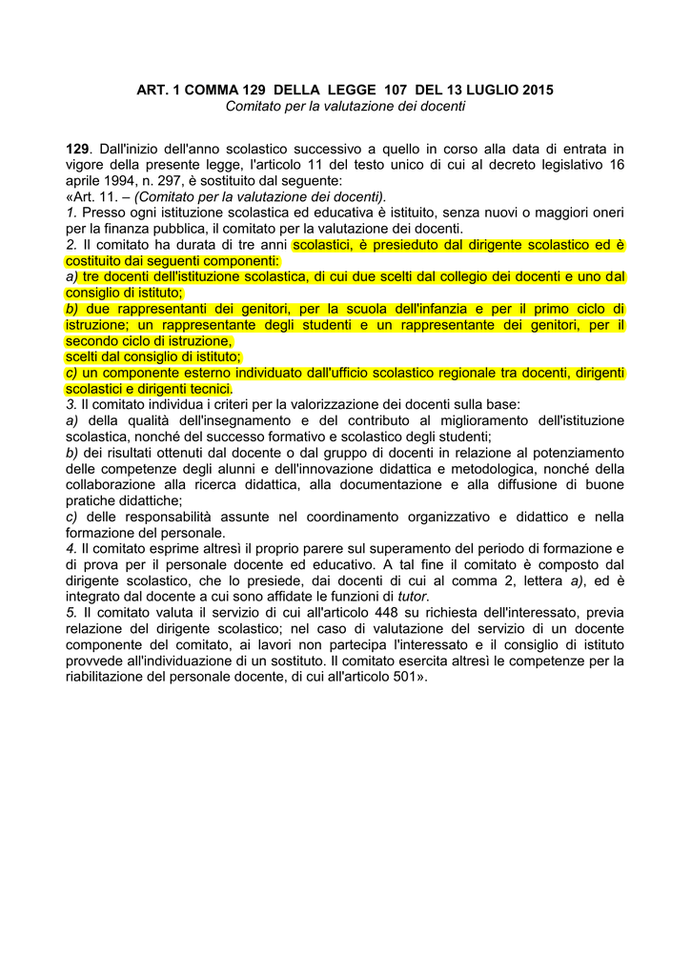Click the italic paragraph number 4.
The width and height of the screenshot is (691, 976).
71,548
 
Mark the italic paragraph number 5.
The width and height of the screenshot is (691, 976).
71,612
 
